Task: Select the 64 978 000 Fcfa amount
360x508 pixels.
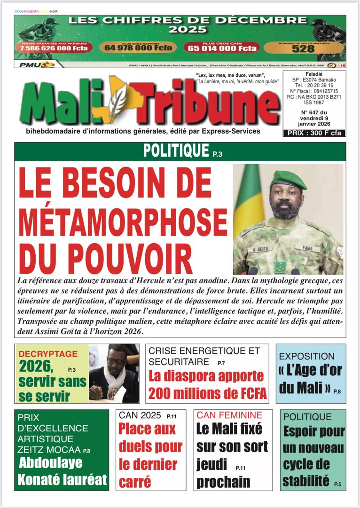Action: pos(138,48)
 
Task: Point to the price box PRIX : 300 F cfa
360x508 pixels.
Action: pos(314,133)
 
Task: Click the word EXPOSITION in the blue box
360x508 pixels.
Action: pos(306,356)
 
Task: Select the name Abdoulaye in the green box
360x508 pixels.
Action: pos(51,463)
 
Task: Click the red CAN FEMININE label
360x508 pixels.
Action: pos(229,415)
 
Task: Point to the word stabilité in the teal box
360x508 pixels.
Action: pos(305,480)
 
